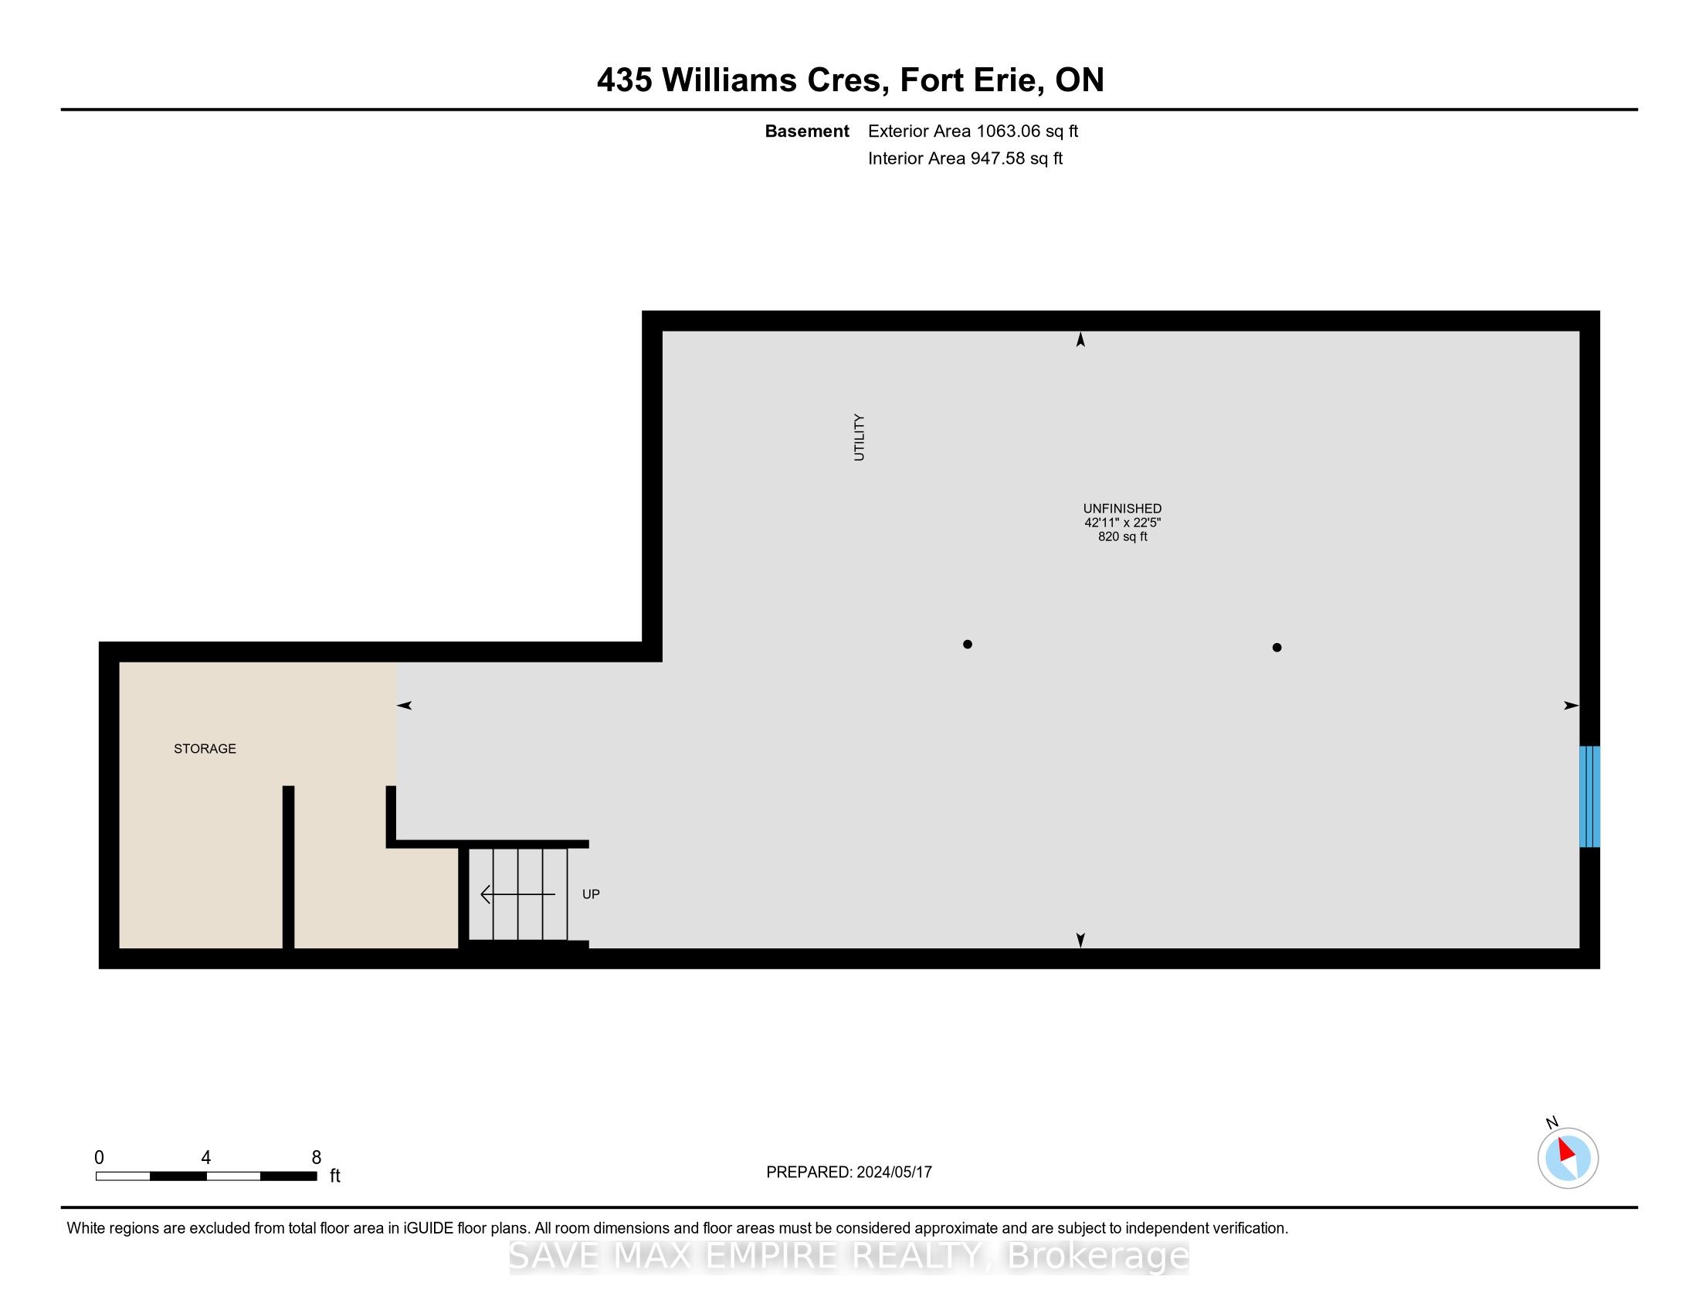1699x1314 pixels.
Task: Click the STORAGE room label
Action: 205,749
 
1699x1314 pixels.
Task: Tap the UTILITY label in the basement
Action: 859,437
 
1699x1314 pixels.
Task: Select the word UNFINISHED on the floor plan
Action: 1123,509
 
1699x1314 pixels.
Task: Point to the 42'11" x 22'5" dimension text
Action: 1123,523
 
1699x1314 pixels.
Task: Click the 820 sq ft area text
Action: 1123,536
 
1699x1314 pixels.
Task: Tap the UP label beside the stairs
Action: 592,894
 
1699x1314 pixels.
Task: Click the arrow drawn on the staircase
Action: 518,894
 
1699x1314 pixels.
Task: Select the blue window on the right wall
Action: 1589,796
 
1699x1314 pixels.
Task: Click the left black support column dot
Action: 967,644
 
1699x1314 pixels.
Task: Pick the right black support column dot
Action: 1277,647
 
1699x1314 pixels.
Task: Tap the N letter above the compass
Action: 1552,1122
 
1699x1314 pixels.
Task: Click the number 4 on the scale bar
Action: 205,1158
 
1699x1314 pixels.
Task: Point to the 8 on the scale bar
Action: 316,1158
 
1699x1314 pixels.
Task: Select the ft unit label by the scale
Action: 335,1176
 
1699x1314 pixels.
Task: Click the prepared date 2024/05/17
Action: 894,1173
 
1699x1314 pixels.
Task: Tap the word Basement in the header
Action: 807,131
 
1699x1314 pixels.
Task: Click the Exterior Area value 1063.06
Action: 1007,131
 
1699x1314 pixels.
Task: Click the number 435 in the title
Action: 625,80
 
